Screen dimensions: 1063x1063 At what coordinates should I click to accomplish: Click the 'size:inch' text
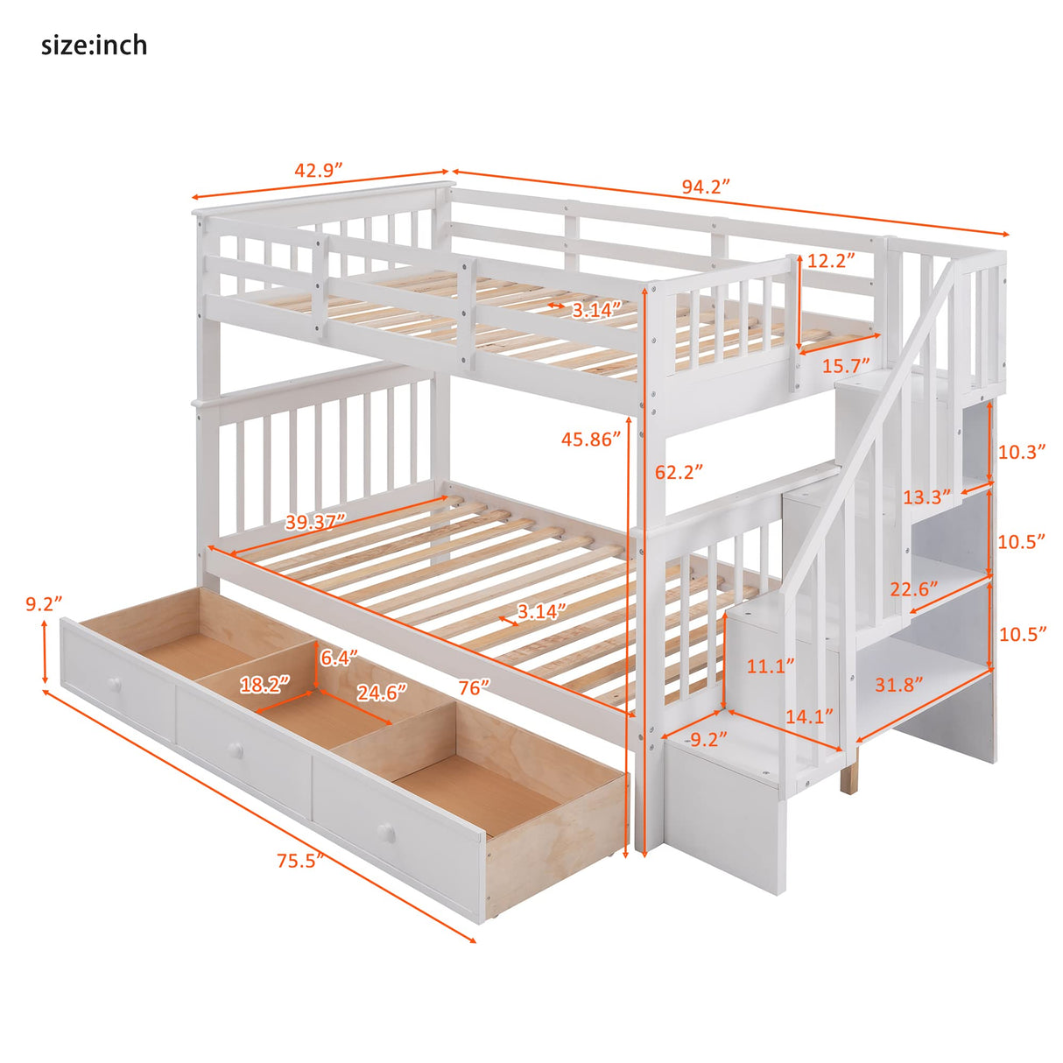pyautogui.click(x=94, y=45)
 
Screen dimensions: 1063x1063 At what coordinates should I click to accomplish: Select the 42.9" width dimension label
pyautogui.click(x=318, y=170)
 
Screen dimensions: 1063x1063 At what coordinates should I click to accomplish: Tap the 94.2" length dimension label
pyautogui.click(x=706, y=187)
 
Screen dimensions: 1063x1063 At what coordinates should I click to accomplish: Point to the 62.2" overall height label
pyautogui.click(x=679, y=472)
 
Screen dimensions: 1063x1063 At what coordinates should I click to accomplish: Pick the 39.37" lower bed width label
pyautogui.click(x=315, y=522)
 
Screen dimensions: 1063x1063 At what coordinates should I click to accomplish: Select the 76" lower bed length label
pyautogui.click(x=474, y=686)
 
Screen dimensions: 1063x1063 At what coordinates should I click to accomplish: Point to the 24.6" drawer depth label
pyautogui.click(x=381, y=692)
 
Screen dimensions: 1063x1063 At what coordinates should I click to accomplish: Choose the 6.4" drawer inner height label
pyautogui.click(x=338, y=658)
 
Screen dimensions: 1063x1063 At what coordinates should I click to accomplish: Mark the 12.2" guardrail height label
pyautogui.click(x=831, y=260)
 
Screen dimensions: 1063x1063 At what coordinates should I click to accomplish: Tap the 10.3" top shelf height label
pyautogui.click(x=1022, y=452)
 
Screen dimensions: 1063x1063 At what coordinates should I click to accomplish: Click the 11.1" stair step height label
pyautogui.click(x=771, y=665)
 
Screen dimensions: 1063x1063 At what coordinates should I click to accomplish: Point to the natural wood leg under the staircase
pyautogui.click(x=848, y=774)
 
